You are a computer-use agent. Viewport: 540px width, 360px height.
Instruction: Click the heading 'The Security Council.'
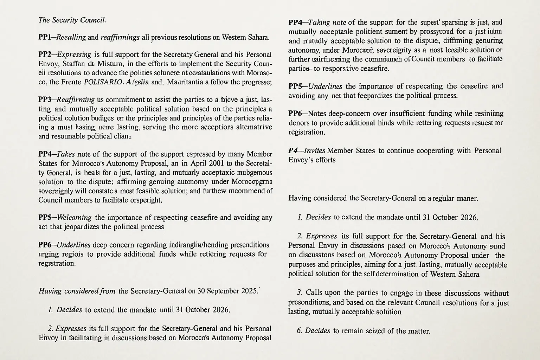[x=72, y=20]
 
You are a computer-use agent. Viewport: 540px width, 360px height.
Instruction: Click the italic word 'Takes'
[x=65, y=154]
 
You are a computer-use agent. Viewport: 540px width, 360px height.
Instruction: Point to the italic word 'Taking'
[x=319, y=22]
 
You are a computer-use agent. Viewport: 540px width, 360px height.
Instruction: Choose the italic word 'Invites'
[x=315, y=151]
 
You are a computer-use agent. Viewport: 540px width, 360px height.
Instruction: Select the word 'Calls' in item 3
[x=314, y=293]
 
